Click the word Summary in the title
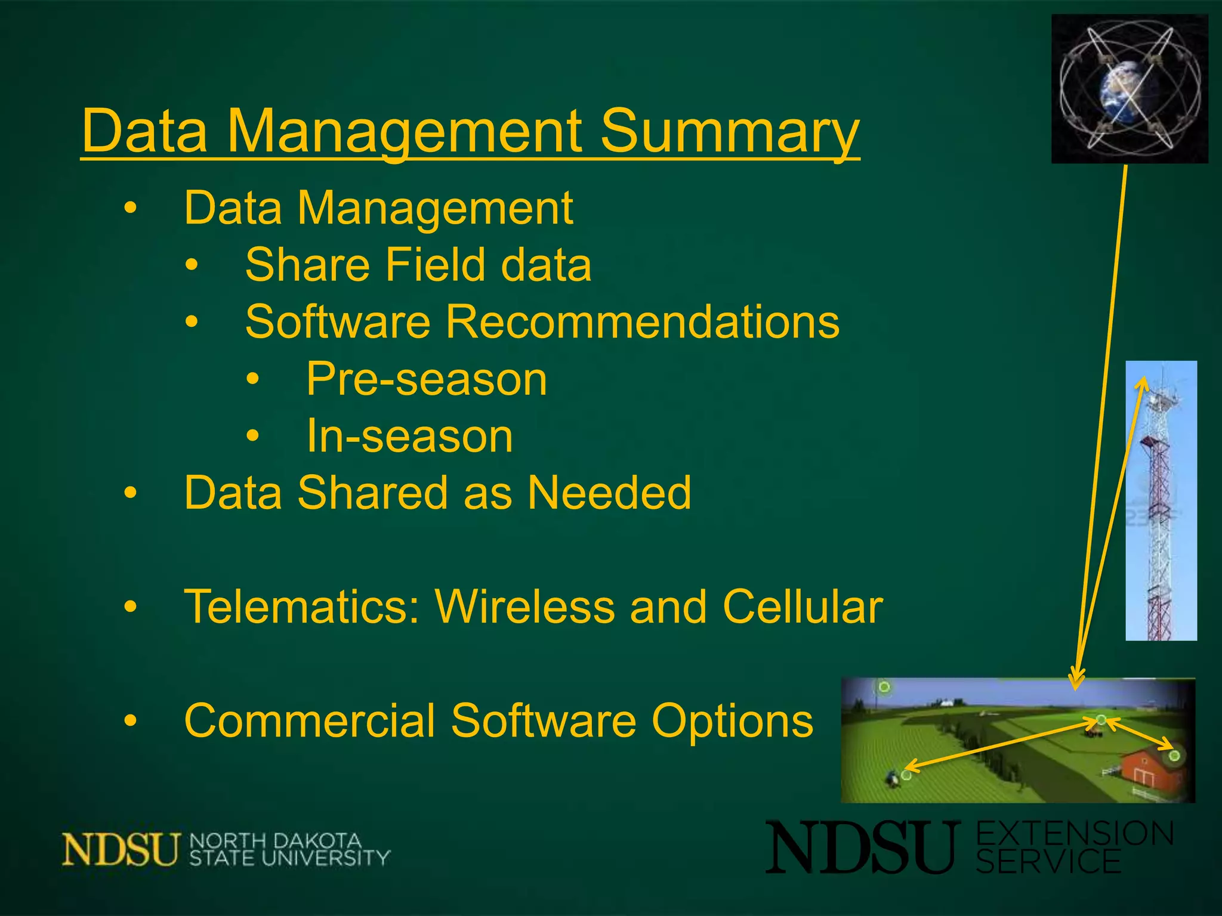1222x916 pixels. [729, 132]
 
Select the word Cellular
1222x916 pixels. [803, 607]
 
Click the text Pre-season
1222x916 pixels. [427, 379]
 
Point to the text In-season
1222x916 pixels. [410, 437]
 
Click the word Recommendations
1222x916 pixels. [643, 322]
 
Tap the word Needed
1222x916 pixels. [609, 493]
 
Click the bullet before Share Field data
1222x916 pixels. [191, 265]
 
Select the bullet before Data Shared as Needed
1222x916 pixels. [130, 494]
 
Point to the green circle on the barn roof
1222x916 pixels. [1174, 756]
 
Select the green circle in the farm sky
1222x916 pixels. [884, 687]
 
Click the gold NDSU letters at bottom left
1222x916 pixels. [121, 849]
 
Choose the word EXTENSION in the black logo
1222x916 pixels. [1075, 834]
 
